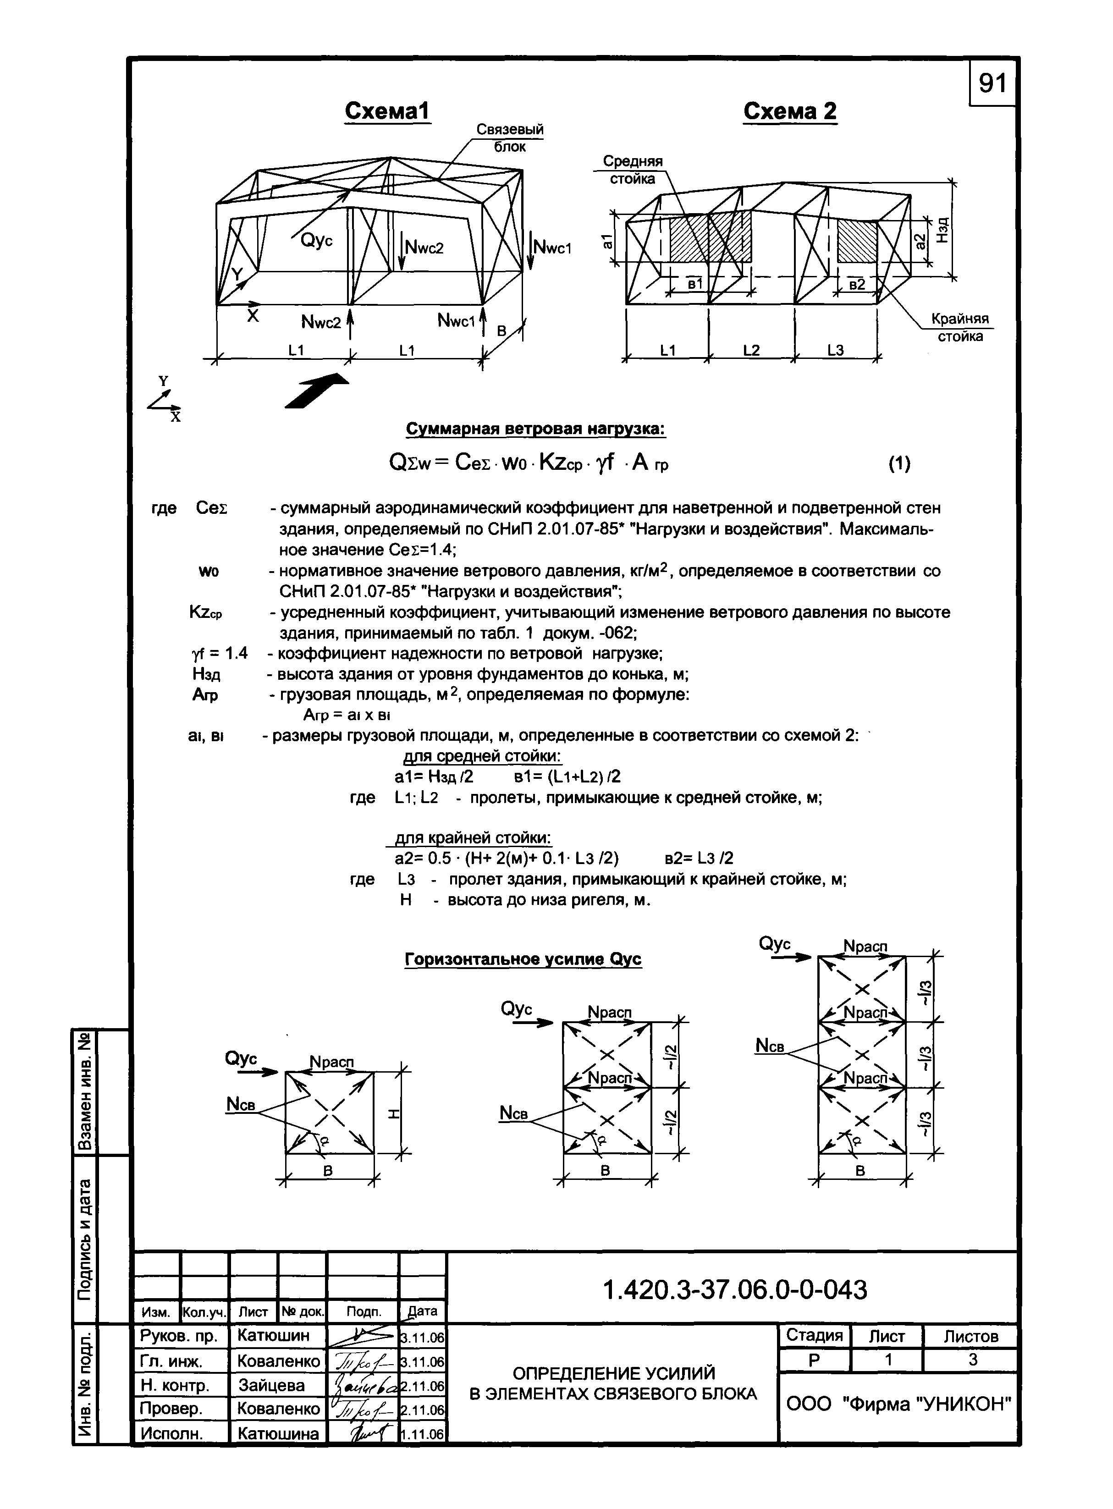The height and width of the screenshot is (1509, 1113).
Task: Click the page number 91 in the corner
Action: [x=992, y=83]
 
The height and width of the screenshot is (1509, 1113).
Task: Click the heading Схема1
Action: [x=387, y=111]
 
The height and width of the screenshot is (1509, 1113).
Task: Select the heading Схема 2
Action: [x=790, y=111]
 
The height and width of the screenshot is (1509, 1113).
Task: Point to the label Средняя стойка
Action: [x=632, y=170]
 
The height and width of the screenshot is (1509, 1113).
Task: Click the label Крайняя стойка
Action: [x=960, y=327]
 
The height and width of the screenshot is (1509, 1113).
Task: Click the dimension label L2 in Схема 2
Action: [x=751, y=350]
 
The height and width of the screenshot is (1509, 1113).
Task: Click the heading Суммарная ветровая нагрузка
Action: [x=535, y=429]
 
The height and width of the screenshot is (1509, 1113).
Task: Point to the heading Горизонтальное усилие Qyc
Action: [x=523, y=959]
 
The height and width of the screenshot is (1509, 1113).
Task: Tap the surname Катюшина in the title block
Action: [x=278, y=1433]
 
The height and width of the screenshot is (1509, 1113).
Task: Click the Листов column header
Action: [x=970, y=1336]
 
